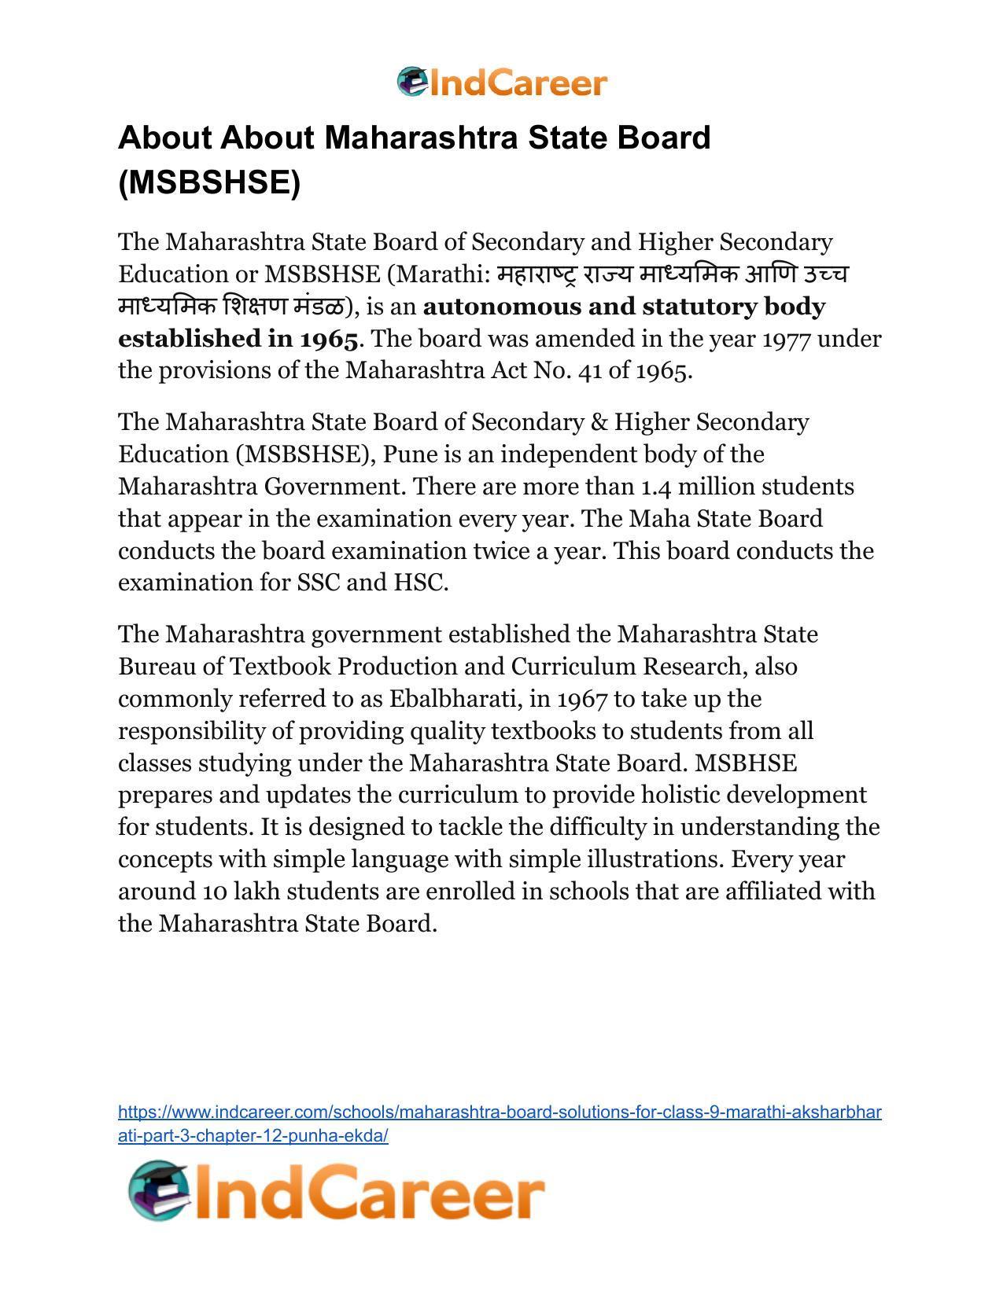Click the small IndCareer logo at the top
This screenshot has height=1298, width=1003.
(502, 83)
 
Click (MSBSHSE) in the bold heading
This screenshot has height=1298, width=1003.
(209, 182)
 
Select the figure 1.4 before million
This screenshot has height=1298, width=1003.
(656, 487)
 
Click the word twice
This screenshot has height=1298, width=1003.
(501, 550)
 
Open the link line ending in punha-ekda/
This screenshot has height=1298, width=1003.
(253, 1135)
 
